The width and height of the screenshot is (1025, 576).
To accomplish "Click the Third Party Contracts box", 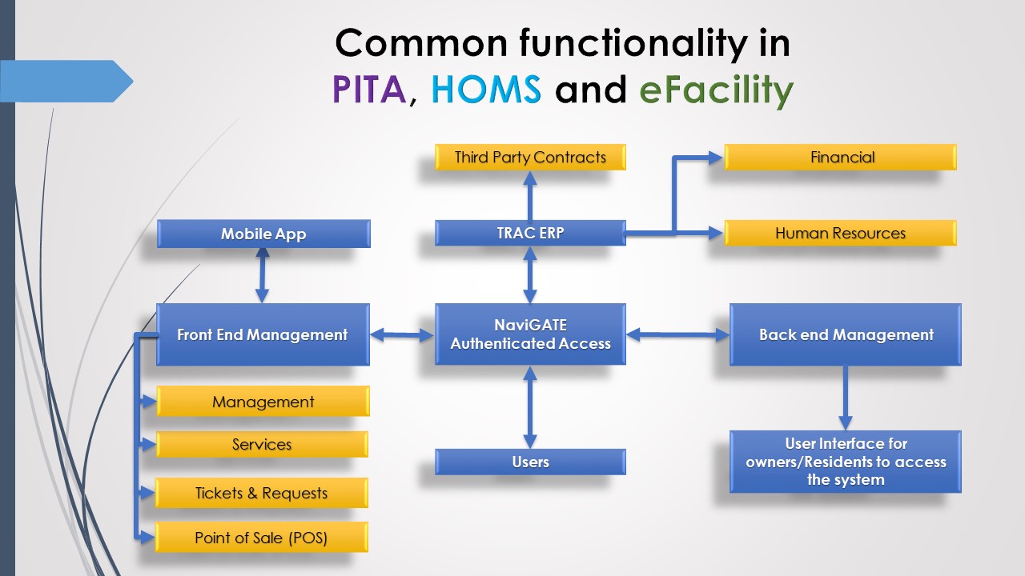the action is (x=530, y=158).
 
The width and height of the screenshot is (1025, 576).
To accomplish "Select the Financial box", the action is (x=841, y=158).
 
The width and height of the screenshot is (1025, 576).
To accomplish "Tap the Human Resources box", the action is (x=841, y=233).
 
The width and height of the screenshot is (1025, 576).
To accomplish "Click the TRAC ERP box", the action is (x=530, y=233).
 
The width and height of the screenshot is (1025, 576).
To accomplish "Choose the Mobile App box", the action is (x=263, y=234).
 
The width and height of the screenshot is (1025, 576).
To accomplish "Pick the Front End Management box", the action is (x=263, y=334).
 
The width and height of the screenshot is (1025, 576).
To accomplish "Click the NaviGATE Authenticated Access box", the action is (x=530, y=334).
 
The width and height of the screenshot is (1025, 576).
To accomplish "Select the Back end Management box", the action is (x=846, y=334).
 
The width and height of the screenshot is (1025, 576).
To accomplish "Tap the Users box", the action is (x=530, y=462).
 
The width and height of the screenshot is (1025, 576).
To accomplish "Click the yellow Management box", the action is (x=263, y=402).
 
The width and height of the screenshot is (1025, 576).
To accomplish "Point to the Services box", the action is (x=262, y=444).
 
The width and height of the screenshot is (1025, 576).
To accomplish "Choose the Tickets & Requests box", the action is (x=262, y=493).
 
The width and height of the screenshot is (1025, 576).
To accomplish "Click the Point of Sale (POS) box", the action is (x=262, y=538).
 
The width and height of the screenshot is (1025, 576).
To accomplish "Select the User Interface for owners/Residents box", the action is (x=846, y=462).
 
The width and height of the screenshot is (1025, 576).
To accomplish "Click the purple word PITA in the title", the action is (x=369, y=89).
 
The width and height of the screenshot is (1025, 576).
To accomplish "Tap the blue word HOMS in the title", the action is (x=486, y=89).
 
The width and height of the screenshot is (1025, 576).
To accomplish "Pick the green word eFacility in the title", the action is (x=716, y=90).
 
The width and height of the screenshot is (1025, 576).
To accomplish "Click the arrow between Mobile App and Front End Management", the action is (x=262, y=276).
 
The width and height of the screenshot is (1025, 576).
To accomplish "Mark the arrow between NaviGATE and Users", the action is (x=530, y=407).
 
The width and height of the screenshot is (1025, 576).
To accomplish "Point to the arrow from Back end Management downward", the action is (x=845, y=398).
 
